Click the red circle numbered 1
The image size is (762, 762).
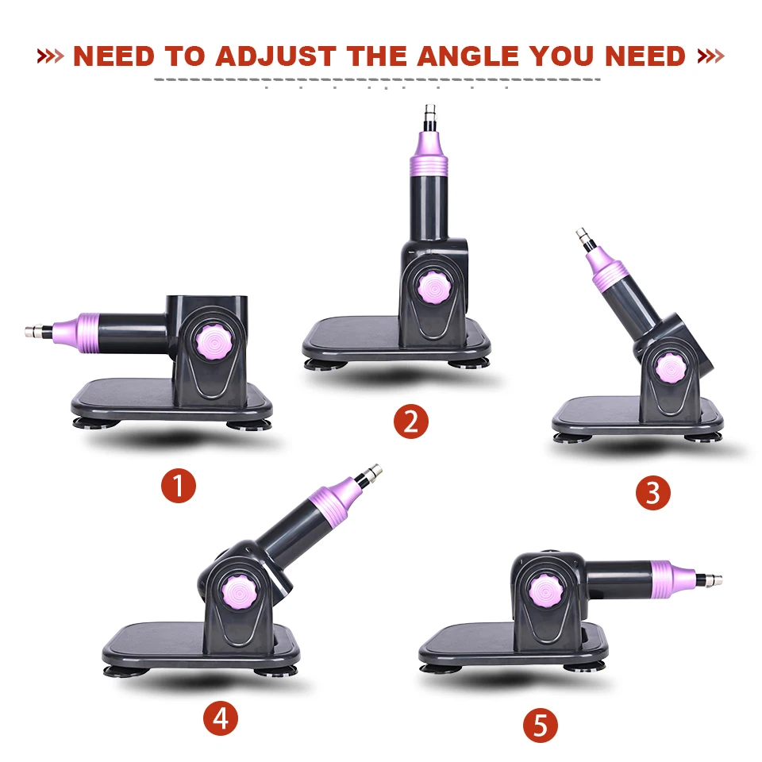click(x=179, y=486)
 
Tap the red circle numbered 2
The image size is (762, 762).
click(x=411, y=421)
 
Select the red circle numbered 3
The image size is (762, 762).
click(x=653, y=493)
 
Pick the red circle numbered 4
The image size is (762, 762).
click(x=221, y=718)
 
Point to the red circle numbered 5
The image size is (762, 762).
click(x=541, y=725)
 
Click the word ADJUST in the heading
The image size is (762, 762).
click(x=275, y=56)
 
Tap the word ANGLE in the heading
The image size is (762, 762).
click(x=468, y=56)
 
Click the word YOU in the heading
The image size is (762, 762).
click(x=562, y=56)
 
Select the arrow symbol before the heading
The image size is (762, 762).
click(x=51, y=56)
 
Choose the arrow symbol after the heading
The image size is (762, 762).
click(x=710, y=56)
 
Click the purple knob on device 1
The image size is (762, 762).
click(x=214, y=341)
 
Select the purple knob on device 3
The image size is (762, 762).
click(x=671, y=368)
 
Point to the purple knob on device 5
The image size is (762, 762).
click(x=547, y=591)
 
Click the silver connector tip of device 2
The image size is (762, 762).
click(x=429, y=114)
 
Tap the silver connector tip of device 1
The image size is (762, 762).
click(x=34, y=332)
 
